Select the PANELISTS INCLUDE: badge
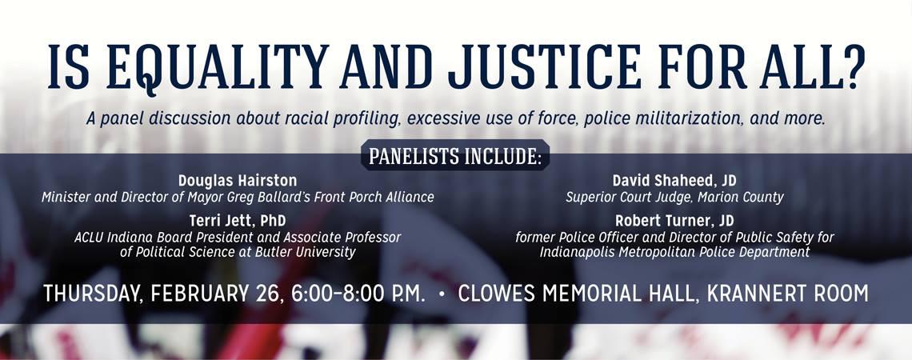(x=455, y=155)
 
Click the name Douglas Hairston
(x=238, y=181)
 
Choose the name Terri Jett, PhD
(x=238, y=221)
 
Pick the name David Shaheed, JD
(x=674, y=181)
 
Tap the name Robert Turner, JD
(x=674, y=221)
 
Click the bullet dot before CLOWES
(x=442, y=294)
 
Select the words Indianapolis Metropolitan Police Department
(x=674, y=252)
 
